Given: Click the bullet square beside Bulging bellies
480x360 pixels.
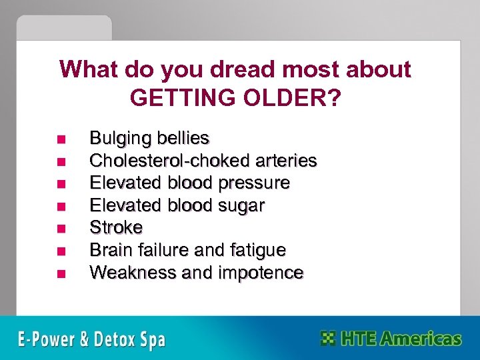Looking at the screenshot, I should pos(61,139).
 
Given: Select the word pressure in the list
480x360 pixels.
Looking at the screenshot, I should pos(256,183).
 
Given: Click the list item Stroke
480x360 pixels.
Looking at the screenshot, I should pos(116,228).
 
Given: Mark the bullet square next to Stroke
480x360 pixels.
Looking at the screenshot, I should pos(61,229).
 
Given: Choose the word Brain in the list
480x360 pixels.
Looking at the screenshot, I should pos(111,250).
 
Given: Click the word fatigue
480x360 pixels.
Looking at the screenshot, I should pos(257,251).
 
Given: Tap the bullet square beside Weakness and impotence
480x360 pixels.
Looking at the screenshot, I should pos(61,273).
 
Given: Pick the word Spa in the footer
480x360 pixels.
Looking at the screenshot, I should pos(151,340).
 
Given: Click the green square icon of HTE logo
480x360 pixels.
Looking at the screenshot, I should pos(328,338).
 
